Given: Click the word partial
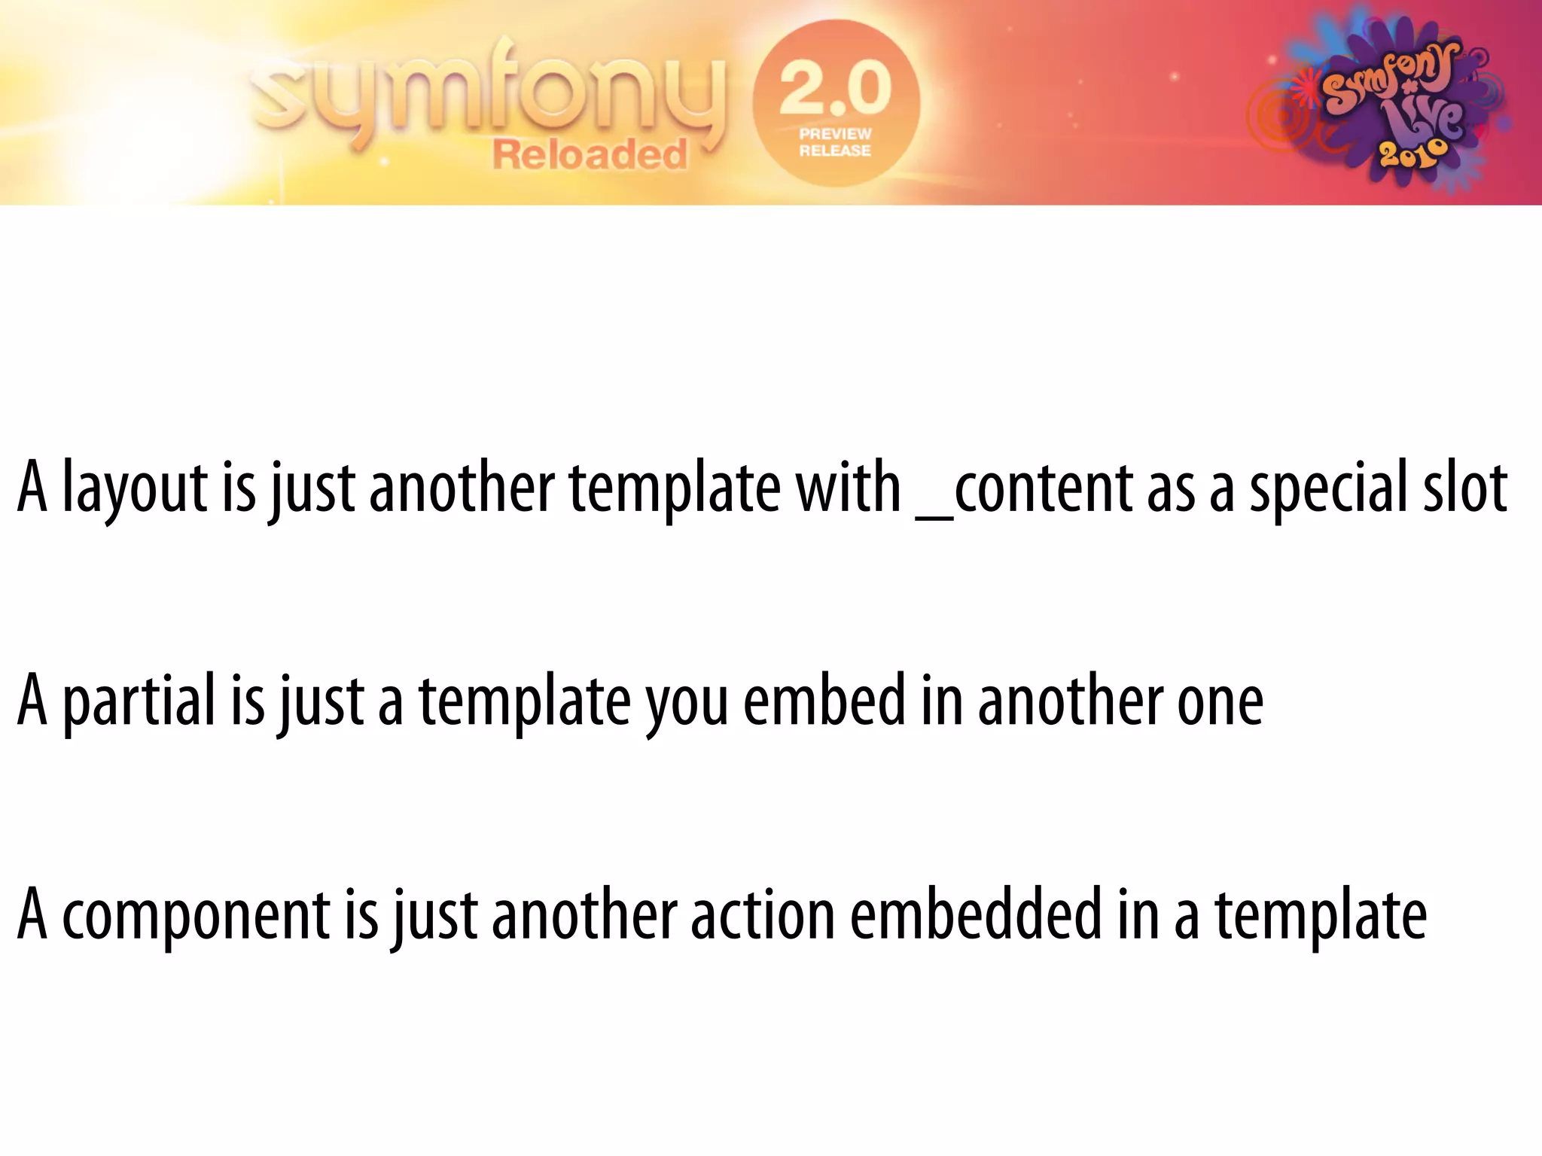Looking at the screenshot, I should coord(139,701).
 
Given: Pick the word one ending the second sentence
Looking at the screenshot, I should coord(1220,701).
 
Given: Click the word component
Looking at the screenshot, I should coord(196,915).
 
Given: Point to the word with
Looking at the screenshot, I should coord(849,488).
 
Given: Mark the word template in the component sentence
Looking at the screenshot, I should coord(1321,915).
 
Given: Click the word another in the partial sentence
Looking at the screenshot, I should coord(1070,701).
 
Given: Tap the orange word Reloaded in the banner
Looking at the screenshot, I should coord(590,155).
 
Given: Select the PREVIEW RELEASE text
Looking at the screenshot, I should coord(835,142).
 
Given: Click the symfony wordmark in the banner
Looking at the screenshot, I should coord(489,94).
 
